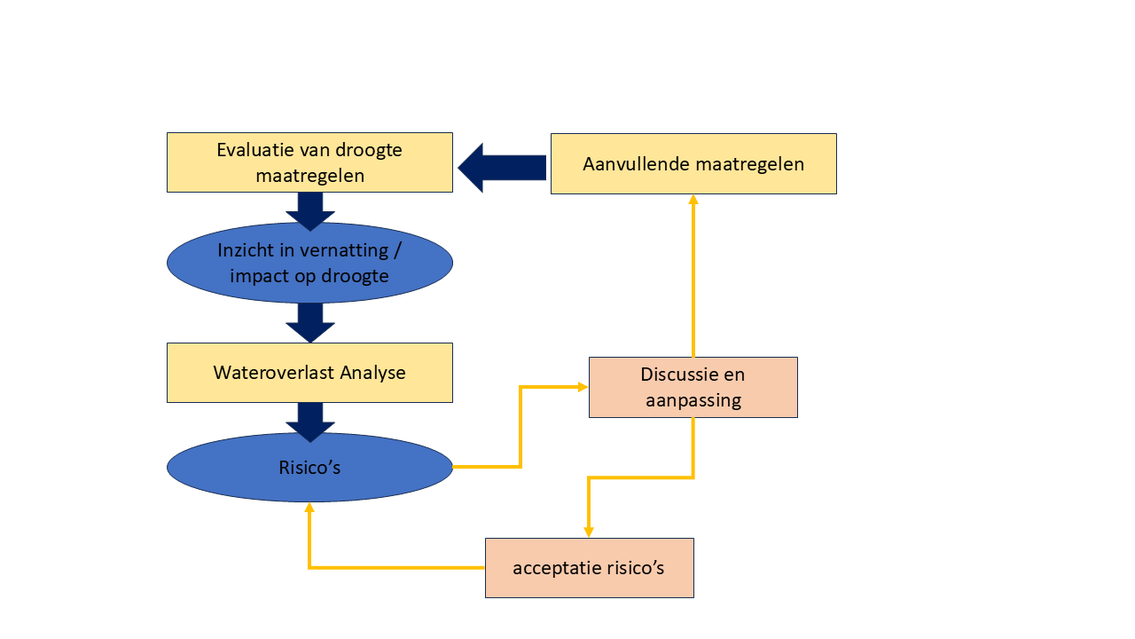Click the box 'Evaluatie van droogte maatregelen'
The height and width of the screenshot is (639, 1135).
309,162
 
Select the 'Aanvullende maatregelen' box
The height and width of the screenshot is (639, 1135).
693,163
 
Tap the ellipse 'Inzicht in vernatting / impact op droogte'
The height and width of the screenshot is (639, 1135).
309,263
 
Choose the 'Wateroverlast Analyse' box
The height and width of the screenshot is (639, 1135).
309,373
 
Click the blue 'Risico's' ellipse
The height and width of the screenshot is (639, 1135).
309,468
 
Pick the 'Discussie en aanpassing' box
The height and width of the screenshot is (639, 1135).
693,387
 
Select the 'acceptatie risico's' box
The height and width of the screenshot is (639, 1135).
589,568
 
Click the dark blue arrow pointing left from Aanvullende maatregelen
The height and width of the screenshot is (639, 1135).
502,167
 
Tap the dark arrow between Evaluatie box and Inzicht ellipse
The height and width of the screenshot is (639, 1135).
310,211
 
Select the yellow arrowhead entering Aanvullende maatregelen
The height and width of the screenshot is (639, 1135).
693,200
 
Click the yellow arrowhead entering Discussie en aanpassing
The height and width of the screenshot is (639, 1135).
583,387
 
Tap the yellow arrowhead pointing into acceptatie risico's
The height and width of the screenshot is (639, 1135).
589,532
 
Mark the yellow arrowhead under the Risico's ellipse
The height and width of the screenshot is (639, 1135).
309,509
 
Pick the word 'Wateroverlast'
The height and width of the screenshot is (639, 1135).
263,373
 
